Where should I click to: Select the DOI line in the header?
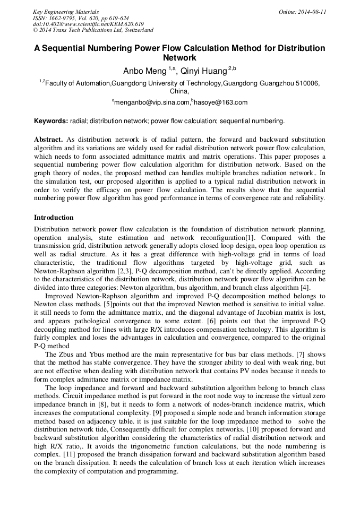[88, 24]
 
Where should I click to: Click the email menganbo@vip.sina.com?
[152, 102]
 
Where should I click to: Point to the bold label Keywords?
[51, 120]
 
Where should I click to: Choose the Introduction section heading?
[54, 218]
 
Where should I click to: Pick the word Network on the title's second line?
[179, 58]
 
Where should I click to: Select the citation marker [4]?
[305, 288]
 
